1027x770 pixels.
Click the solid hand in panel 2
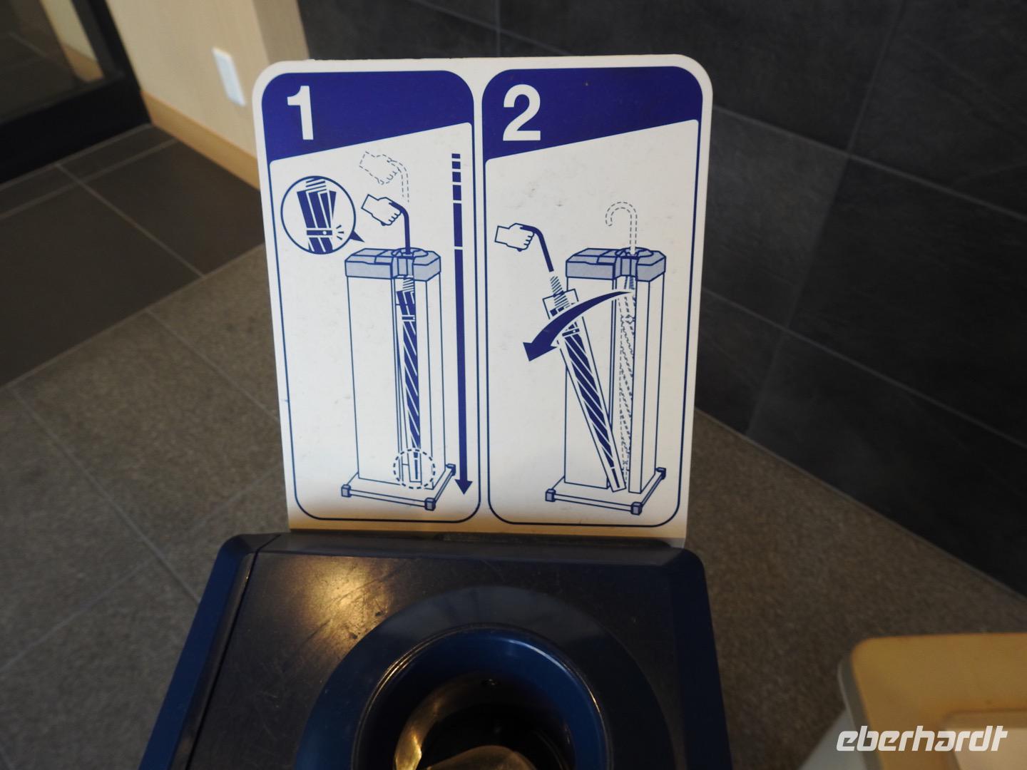coord(515,237)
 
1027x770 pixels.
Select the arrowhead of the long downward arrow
coord(463,483)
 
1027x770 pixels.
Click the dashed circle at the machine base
coord(414,469)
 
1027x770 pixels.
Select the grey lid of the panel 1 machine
coord(392,263)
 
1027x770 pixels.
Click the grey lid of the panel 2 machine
coord(616,265)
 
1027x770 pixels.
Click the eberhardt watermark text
coord(921,739)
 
